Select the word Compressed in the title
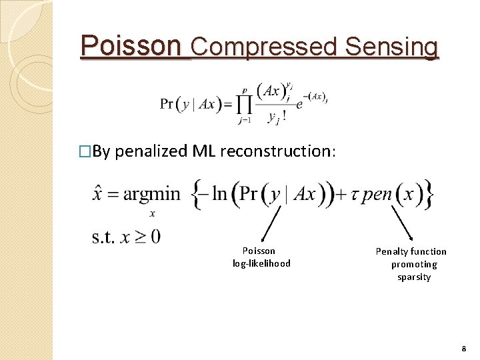265,47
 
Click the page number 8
465,349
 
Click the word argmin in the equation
151,194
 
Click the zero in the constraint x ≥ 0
155,237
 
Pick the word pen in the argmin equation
379,194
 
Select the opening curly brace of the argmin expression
198,194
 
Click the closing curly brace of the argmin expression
430,194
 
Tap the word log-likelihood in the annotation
261,263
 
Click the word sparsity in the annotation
414,277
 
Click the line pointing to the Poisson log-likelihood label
272,223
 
